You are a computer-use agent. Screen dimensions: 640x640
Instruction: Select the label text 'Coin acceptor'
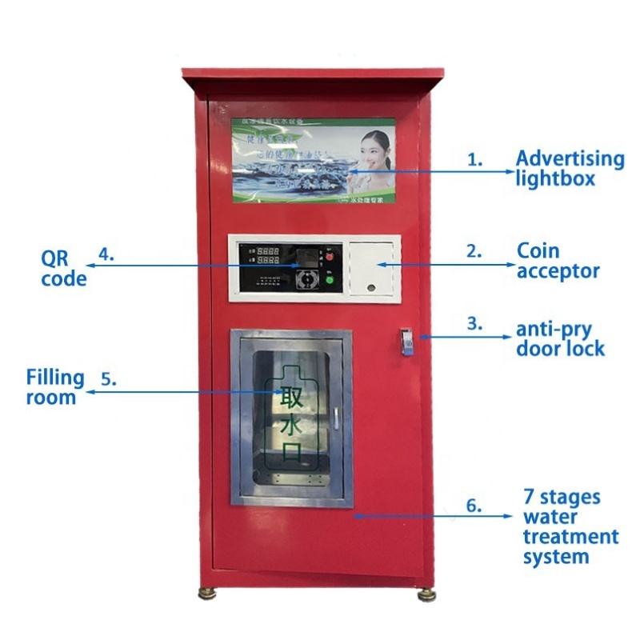(558, 262)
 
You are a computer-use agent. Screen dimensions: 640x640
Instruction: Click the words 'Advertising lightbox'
(569, 168)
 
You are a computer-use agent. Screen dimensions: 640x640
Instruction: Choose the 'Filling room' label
(55, 386)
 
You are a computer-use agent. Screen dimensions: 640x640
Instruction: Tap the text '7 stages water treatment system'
(570, 527)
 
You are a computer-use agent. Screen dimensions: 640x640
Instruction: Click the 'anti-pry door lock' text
(559, 338)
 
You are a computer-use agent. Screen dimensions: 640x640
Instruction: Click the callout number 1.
(475, 159)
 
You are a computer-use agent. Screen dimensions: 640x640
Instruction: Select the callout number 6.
(475, 506)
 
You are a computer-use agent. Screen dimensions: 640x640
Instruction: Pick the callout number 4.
(106, 255)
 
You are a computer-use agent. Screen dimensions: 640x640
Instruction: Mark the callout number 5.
(109, 378)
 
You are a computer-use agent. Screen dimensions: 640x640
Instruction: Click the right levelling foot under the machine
(426, 594)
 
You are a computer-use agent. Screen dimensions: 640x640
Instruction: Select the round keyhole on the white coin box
(372, 286)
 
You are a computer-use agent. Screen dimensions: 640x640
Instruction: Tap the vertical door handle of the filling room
(337, 418)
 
